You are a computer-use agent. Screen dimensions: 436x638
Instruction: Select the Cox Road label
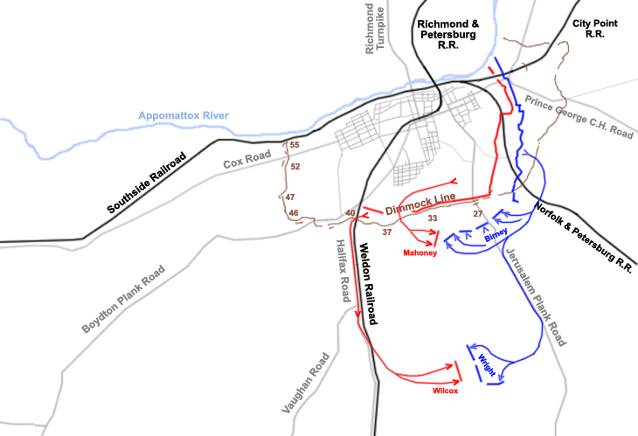coord(244,162)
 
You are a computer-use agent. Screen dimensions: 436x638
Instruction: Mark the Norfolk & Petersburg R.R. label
coord(585,237)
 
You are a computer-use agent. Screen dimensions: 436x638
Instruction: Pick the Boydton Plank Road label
coord(124,300)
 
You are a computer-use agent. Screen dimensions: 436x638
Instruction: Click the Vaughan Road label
coord(307,382)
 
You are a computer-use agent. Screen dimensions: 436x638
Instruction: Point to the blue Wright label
coord(487,363)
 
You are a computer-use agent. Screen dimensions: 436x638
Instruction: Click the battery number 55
coord(295,144)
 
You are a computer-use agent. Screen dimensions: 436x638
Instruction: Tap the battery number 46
coord(294,213)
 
